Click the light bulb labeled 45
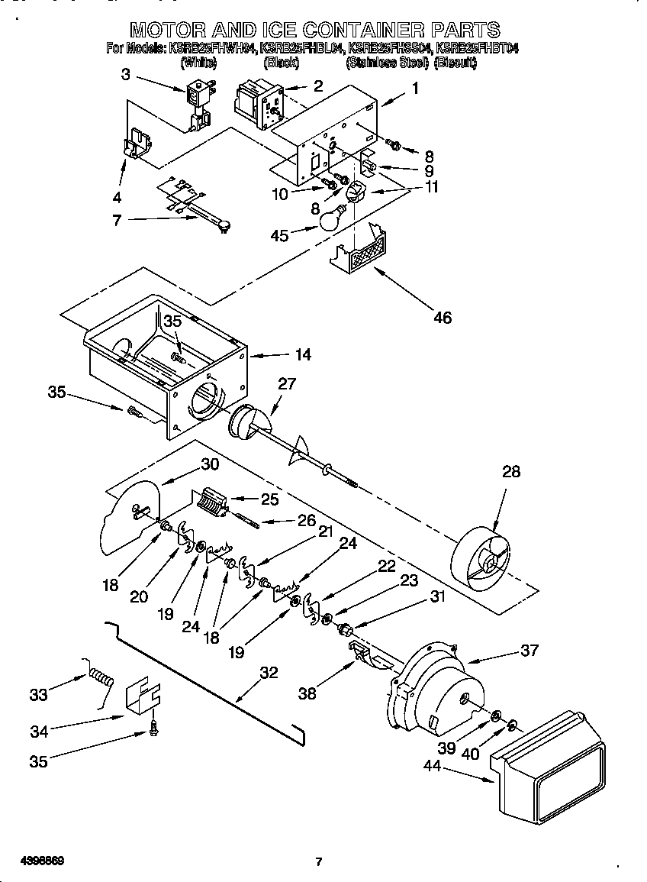[329, 219]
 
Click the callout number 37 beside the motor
[529, 650]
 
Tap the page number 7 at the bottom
[319, 861]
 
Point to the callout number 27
[286, 383]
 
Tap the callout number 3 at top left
[126, 74]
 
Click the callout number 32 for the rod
[269, 673]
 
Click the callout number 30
[210, 464]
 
